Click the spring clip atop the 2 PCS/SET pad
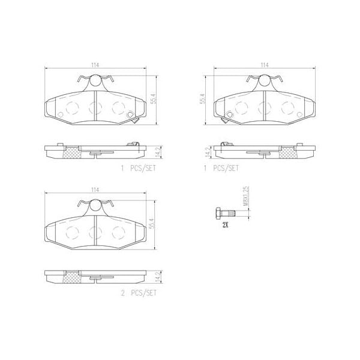(94, 204)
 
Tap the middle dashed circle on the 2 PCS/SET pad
(94, 232)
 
